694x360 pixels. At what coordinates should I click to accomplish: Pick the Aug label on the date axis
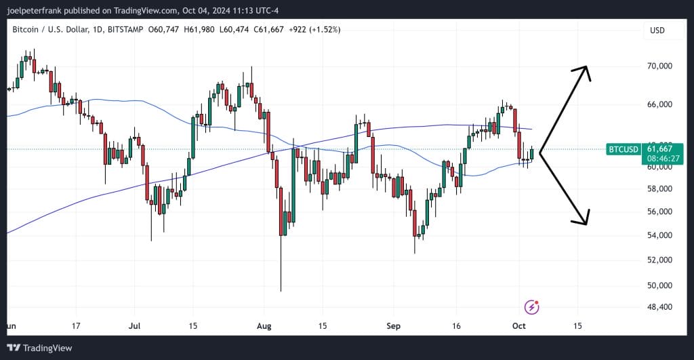(x=264, y=326)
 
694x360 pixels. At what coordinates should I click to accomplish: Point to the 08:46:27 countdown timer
(x=664, y=159)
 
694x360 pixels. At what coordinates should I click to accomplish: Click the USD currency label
(x=657, y=31)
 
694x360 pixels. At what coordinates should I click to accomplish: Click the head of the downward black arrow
(x=584, y=222)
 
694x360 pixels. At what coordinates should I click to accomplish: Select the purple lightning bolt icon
(x=533, y=307)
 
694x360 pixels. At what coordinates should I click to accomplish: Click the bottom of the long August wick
(x=280, y=290)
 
